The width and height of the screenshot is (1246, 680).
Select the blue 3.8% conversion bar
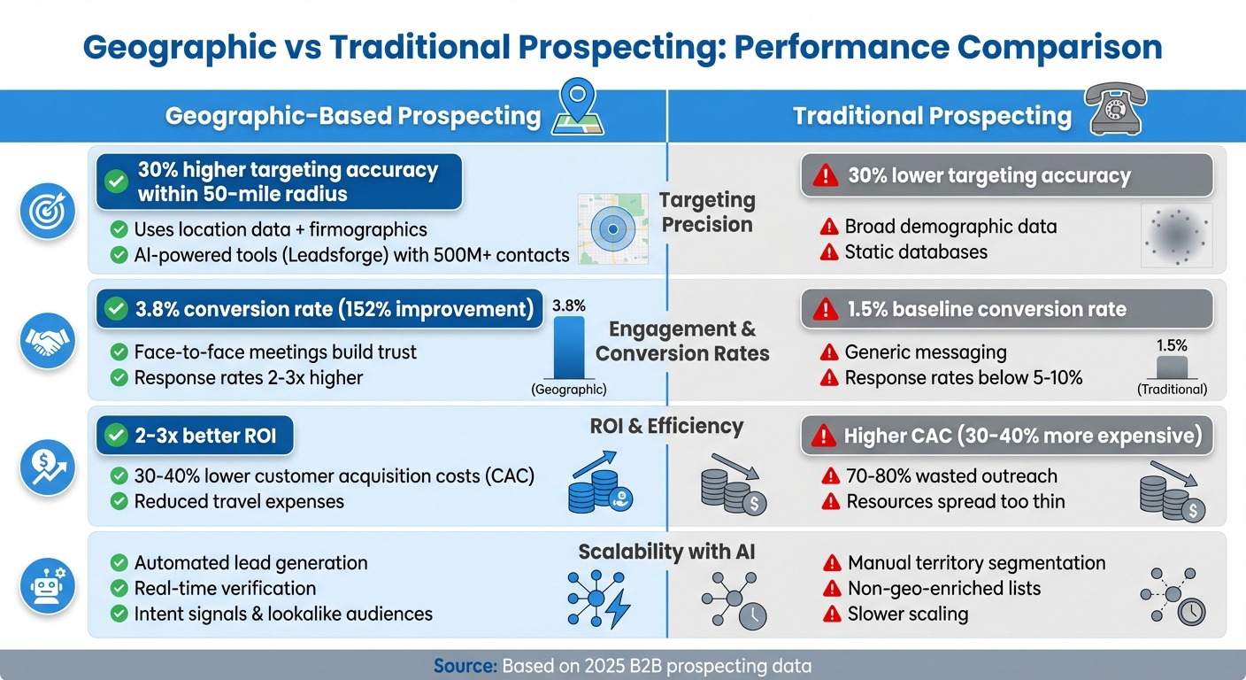[569, 347]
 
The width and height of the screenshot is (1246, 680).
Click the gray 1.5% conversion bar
[1172, 367]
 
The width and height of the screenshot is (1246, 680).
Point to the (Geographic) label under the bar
[568, 389]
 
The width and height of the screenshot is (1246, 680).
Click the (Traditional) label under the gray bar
[1172, 389]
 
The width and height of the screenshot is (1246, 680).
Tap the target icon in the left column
[47, 213]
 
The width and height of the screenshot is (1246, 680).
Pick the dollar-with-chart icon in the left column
[47, 466]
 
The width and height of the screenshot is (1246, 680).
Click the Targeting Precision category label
[707, 212]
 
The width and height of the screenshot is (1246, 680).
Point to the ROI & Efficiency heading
[666, 426]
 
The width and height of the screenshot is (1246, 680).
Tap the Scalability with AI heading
[666, 552]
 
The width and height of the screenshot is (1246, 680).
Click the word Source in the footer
[463, 666]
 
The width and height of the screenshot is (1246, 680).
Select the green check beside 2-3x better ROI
[116, 436]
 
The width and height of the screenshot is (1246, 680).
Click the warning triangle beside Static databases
[829, 252]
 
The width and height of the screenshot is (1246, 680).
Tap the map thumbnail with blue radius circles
[611, 229]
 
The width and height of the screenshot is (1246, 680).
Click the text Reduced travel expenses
[239, 501]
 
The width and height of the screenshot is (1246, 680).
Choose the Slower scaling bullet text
[907, 614]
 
